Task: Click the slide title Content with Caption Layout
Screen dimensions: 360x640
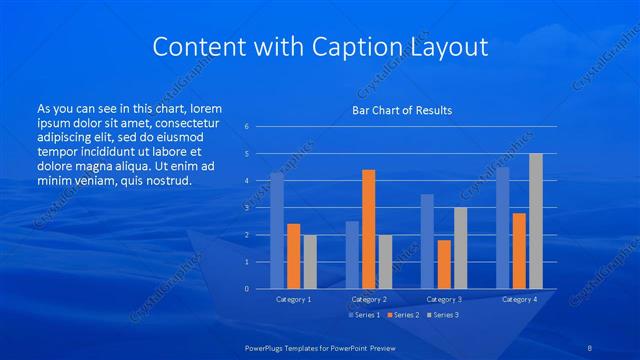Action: click(319, 47)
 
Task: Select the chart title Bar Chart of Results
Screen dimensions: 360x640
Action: click(401, 110)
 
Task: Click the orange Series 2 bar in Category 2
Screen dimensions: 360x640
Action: click(368, 229)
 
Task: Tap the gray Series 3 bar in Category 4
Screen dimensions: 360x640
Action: click(535, 221)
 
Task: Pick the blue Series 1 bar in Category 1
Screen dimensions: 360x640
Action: click(277, 230)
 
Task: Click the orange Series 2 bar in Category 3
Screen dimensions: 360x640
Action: click(443, 264)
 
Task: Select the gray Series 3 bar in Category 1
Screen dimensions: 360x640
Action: click(310, 261)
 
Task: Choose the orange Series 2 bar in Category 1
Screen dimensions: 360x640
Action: click(293, 256)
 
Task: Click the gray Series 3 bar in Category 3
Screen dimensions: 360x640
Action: click(460, 248)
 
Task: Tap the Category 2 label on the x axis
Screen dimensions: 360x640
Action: click(369, 299)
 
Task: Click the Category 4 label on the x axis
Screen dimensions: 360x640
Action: click(519, 299)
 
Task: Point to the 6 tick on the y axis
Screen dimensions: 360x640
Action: click(246, 127)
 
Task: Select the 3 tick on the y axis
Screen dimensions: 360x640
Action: click(246, 208)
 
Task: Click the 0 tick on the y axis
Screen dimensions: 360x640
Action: click(246, 289)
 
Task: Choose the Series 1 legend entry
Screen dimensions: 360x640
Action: click(363, 315)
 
